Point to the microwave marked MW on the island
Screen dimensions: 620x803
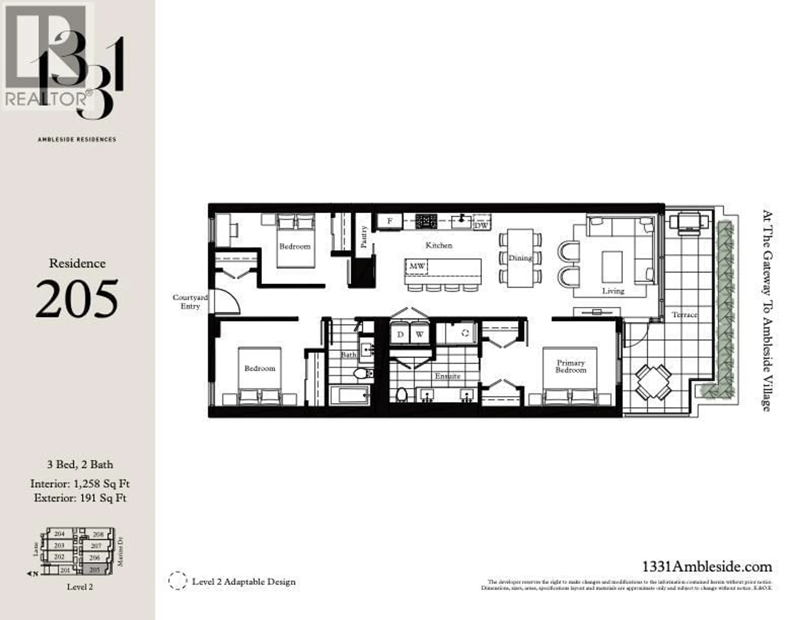pos(417,266)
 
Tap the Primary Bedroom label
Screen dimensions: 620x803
pos(570,366)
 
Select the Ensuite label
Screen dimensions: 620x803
pos(448,376)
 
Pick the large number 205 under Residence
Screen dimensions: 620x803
pos(77,299)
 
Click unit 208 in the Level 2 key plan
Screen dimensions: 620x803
pos(98,534)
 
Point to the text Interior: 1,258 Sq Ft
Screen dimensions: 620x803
pos(80,484)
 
